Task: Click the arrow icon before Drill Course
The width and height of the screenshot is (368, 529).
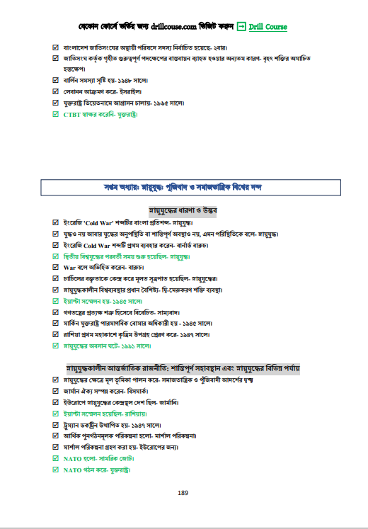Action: [241, 27]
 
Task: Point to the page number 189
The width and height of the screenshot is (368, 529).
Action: [183, 493]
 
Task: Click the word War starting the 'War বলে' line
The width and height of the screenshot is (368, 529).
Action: [69, 268]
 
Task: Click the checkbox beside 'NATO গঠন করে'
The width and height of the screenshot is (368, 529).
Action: [56, 470]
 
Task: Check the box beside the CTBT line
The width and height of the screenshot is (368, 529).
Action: [56, 114]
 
